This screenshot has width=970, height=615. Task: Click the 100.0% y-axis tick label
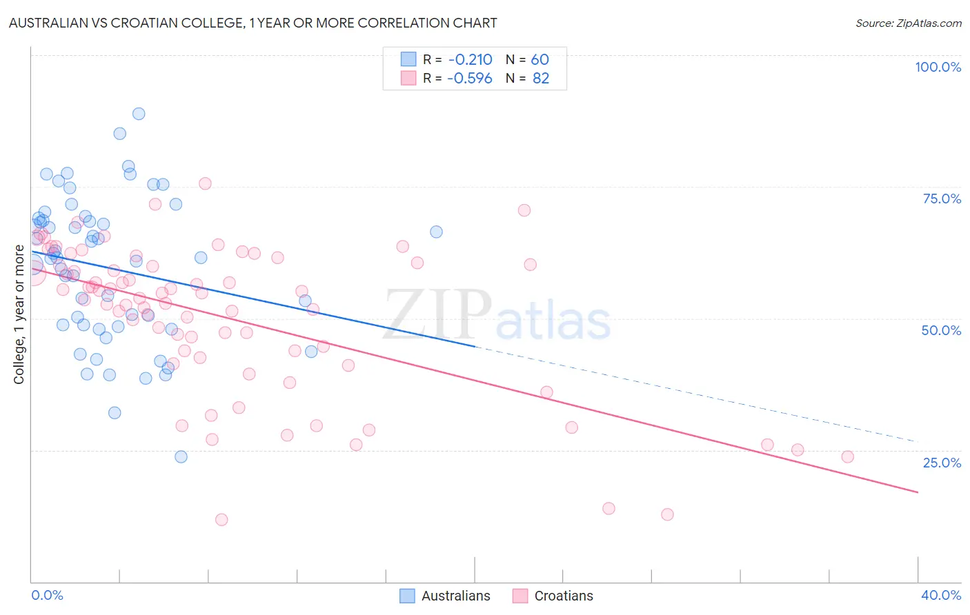tap(938, 67)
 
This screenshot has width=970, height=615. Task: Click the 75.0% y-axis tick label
tap(942, 199)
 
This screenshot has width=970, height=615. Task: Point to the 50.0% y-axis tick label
tap(941, 330)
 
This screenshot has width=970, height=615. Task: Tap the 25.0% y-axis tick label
tap(942, 463)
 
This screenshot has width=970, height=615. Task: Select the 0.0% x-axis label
tap(47, 595)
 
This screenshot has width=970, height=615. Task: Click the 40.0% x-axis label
tap(941, 595)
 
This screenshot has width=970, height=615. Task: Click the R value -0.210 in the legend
tap(470, 59)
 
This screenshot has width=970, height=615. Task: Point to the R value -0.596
tap(470, 78)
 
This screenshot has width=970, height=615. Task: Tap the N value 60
tap(540, 59)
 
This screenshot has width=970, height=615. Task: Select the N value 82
tap(540, 78)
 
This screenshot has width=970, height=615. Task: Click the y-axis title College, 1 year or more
tap(19, 314)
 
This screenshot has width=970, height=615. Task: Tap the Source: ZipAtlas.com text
tap(908, 23)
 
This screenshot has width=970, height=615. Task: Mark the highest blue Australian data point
tap(139, 114)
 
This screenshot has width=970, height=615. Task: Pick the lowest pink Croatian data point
tap(221, 520)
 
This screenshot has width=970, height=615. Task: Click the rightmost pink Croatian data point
tap(848, 456)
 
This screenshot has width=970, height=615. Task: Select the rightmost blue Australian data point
tap(436, 232)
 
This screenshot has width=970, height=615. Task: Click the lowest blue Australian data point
tap(181, 456)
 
